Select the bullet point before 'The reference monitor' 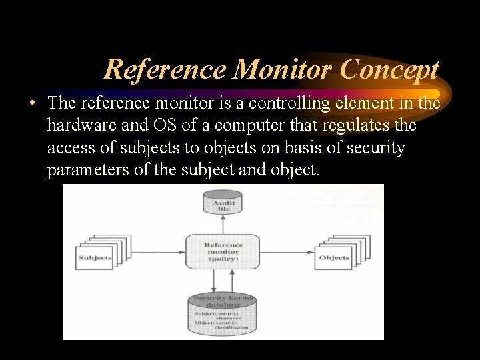pos(32,104)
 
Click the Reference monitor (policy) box pos(223,251)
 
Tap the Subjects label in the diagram pos(95,257)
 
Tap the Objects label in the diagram pos(334,257)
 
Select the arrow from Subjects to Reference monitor pos(154,252)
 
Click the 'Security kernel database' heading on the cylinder pos(223,301)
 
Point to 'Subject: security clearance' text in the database pos(217,316)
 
